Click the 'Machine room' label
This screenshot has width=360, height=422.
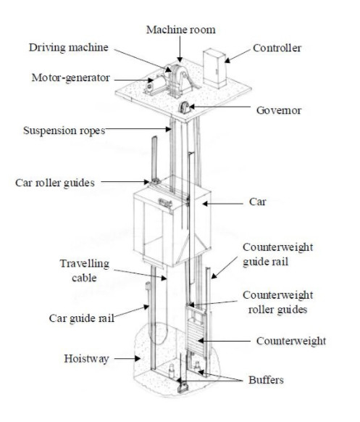[x=180, y=30]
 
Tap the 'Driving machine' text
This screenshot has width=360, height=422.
[x=69, y=48]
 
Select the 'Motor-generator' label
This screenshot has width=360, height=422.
[x=71, y=78]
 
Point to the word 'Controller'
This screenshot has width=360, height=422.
[x=277, y=48]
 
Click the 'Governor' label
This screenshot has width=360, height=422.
[x=279, y=110]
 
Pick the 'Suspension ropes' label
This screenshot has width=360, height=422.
[x=64, y=131]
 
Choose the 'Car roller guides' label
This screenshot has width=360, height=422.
[x=55, y=183]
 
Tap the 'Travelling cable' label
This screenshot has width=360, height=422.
[x=85, y=270]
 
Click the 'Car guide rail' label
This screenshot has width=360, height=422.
[x=82, y=318]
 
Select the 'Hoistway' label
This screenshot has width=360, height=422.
[x=86, y=359]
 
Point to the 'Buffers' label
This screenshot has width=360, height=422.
[x=266, y=380]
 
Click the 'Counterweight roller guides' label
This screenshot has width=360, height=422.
[x=277, y=302]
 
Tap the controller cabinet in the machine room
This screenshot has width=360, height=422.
[x=214, y=68]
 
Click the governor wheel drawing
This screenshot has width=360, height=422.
[x=185, y=107]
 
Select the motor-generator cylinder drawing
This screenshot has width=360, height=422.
[x=156, y=83]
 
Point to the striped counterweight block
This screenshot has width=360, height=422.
[x=196, y=335]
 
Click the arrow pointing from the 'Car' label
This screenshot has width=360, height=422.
[x=222, y=204]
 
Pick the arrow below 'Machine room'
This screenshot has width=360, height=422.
[x=180, y=49]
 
